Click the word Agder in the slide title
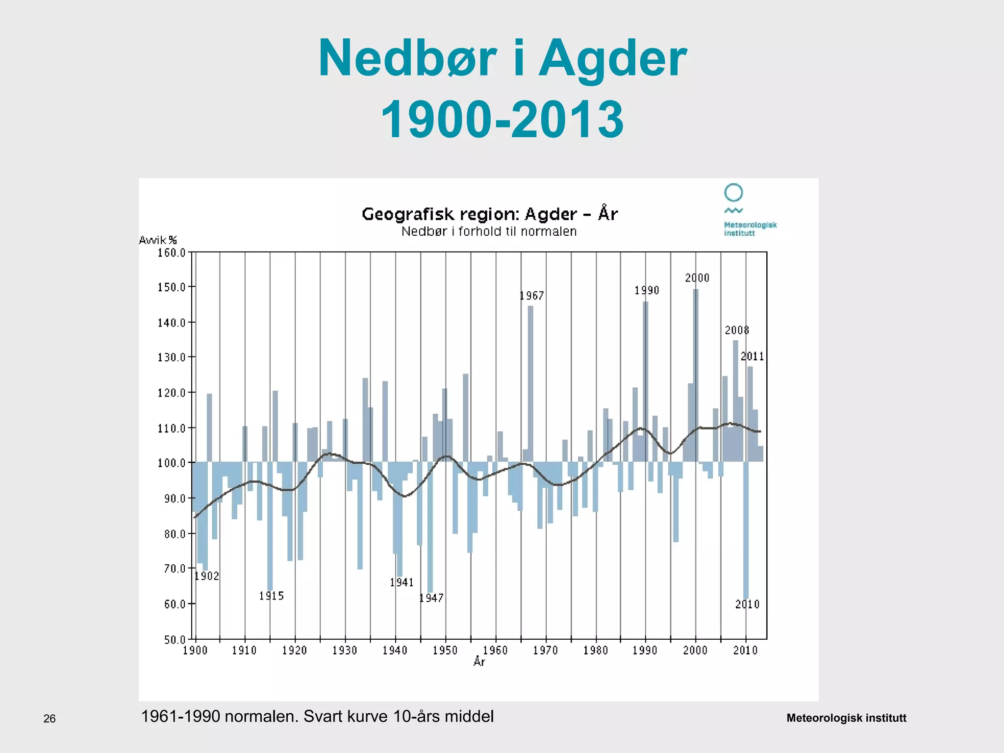point(612,60)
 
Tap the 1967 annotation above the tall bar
point(531,296)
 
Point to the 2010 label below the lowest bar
point(747,604)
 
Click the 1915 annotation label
point(272,596)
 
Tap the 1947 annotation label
point(431,598)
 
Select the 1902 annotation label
point(206,576)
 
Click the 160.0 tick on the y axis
point(172,253)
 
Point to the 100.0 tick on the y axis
point(172,463)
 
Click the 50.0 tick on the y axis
point(175,640)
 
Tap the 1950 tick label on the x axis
point(445,651)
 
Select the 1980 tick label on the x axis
point(596,651)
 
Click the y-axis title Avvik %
point(158,240)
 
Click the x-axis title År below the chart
point(479,662)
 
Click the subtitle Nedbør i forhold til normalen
point(489,231)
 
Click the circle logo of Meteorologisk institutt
point(733,193)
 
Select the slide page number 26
point(50,719)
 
